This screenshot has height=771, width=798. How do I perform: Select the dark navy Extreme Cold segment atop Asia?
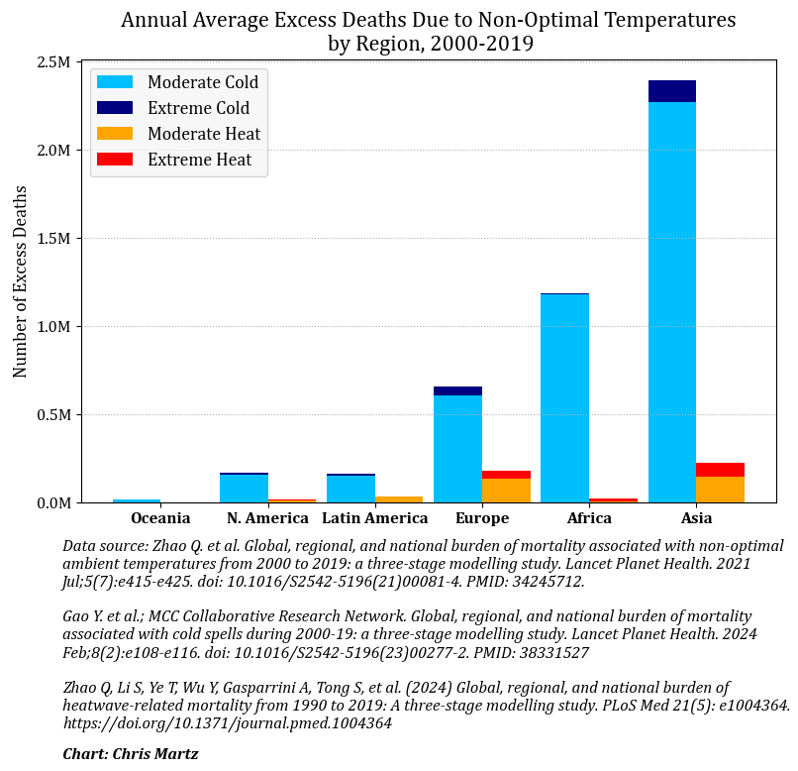[671, 91]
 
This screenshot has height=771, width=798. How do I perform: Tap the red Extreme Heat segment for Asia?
[720, 470]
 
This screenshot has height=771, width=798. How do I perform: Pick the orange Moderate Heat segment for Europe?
[506, 491]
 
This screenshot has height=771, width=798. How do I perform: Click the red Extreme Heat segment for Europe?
[506, 475]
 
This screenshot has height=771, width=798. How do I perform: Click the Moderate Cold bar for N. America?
[244, 489]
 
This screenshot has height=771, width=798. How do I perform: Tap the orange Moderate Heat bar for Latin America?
[399, 499]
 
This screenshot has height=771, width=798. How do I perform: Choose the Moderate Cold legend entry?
[203, 82]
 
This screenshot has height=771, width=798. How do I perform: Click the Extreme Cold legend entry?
[198, 108]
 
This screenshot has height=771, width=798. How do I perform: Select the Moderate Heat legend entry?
[204, 134]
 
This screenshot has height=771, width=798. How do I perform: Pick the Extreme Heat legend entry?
[199, 160]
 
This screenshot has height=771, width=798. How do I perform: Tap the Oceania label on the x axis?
[160, 518]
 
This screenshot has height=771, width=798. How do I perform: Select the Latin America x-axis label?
[375, 518]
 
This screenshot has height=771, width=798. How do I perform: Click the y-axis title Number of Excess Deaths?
[21, 281]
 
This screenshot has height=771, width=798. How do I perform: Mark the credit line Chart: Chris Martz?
[131, 754]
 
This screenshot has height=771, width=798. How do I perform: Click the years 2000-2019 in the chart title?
[481, 44]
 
